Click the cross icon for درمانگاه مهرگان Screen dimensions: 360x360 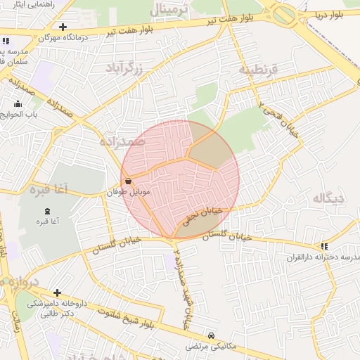coord(63,27)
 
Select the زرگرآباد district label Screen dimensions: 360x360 coord(124,68)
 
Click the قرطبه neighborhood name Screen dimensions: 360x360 coord(259,70)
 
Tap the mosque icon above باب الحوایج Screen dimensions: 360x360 coord(18,104)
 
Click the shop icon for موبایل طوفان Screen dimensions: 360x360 coord(127,181)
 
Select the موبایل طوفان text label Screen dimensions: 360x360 coord(127,191)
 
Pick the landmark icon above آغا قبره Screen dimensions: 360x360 coord(48,212)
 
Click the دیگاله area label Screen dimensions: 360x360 coord(328,198)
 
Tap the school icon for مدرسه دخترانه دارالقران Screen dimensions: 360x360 coord(324,246)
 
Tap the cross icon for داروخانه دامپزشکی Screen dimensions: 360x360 coord(57,292)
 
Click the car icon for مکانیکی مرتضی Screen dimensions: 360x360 coord(212,335)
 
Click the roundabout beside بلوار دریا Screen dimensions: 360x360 coord(285,14)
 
